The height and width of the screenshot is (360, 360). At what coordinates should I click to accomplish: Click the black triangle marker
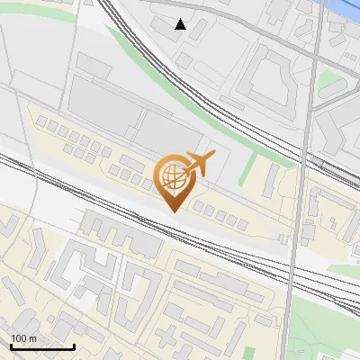[x=180, y=24]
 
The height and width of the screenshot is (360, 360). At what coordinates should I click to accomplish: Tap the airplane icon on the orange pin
[x=199, y=164]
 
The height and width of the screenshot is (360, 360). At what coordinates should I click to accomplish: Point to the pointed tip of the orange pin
[x=172, y=211]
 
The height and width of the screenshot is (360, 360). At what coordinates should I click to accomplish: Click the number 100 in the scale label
[x=19, y=338]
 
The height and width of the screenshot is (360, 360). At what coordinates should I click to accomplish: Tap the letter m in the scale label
[x=32, y=338]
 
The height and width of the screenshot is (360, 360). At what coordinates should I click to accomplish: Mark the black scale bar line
[x=42, y=346]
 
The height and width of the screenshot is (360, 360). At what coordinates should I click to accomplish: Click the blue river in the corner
[x=346, y=7]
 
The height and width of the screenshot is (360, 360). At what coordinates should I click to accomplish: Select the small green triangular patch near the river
[x=331, y=81]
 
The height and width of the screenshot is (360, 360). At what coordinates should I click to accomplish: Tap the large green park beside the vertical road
[x=324, y=324]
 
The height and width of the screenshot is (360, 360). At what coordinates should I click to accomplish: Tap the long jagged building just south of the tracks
[x=121, y=232]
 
